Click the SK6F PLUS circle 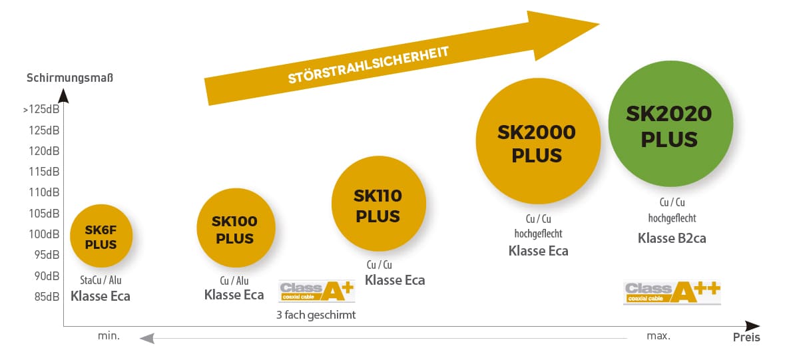[x=101, y=236]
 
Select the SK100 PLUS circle [x=236, y=228]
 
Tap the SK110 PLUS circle [x=379, y=204]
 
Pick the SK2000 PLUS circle [x=538, y=141]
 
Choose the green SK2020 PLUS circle [x=671, y=124]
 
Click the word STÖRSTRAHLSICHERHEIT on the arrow [x=368, y=65]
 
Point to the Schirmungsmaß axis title [x=70, y=78]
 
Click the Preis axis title [x=746, y=337]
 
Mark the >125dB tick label [x=41, y=109]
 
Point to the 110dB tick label [x=44, y=192]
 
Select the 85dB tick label [x=47, y=297]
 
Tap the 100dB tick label [x=44, y=234]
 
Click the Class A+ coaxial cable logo [x=317, y=291]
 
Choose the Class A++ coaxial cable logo [x=672, y=293]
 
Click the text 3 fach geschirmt [x=316, y=315]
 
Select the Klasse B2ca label [x=672, y=238]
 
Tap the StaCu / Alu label [x=101, y=280]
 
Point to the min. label [x=109, y=336]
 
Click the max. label [x=659, y=336]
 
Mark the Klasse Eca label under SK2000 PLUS [x=538, y=251]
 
